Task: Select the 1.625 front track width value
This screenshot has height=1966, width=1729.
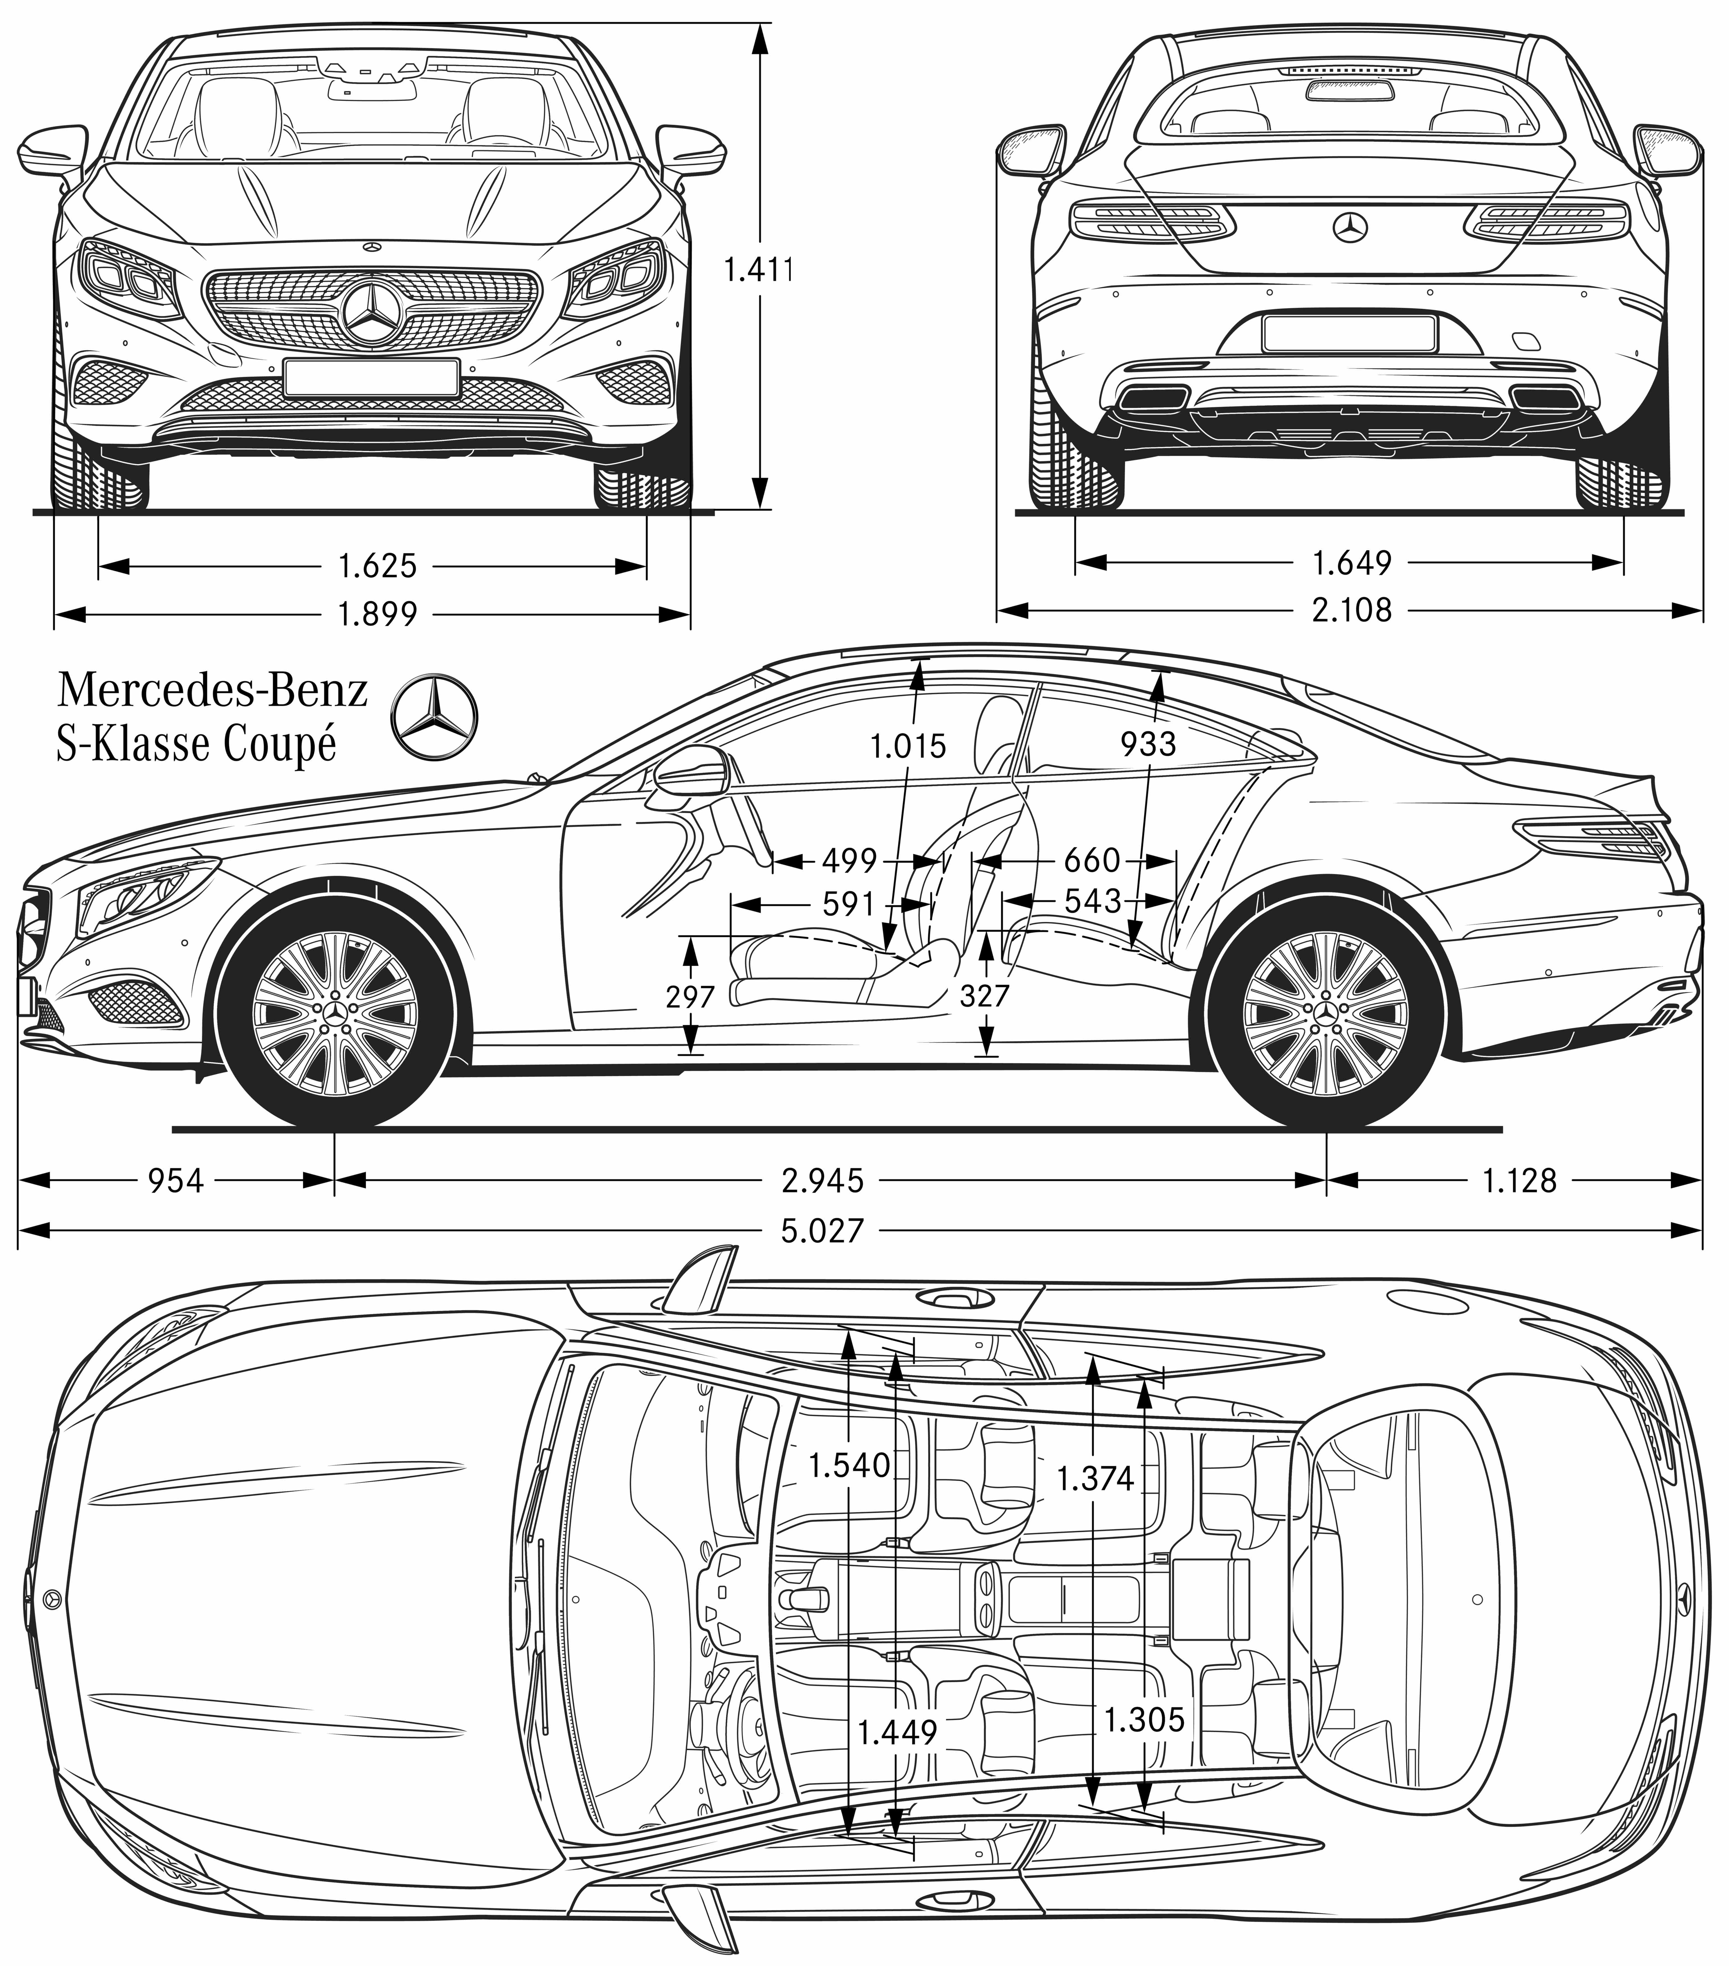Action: point(377,566)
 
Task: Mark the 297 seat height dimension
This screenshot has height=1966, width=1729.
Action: point(691,996)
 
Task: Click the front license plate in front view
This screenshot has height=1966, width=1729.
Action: point(370,376)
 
